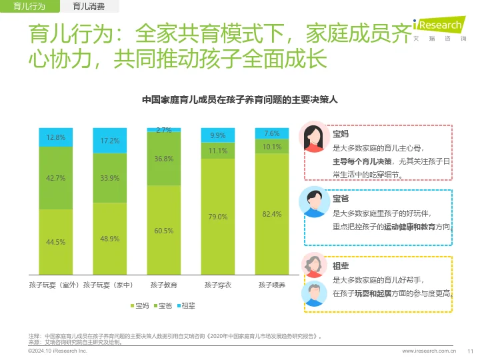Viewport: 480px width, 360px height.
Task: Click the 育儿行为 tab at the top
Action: click(29, 7)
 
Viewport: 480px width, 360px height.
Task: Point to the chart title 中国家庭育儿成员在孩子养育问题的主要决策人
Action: click(240, 101)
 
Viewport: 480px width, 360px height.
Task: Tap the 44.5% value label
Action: click(55, 242)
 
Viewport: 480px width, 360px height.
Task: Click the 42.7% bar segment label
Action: click(55, 178)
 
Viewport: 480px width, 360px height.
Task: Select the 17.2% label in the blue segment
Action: click(110, 141)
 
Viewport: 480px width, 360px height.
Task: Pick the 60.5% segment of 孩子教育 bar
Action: click(164, 231)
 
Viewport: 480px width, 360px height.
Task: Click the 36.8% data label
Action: click(164, 159)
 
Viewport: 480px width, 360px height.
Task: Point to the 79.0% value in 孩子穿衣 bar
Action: click(218, 217)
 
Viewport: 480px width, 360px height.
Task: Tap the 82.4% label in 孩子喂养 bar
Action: click(272, 214)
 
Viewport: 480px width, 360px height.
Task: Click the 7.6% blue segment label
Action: click(272, 133)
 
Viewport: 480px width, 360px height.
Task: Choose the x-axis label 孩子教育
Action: click(164, 285)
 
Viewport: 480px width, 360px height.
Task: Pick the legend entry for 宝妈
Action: click(139, 305)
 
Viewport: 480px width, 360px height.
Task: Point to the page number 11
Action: click(469, 350)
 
